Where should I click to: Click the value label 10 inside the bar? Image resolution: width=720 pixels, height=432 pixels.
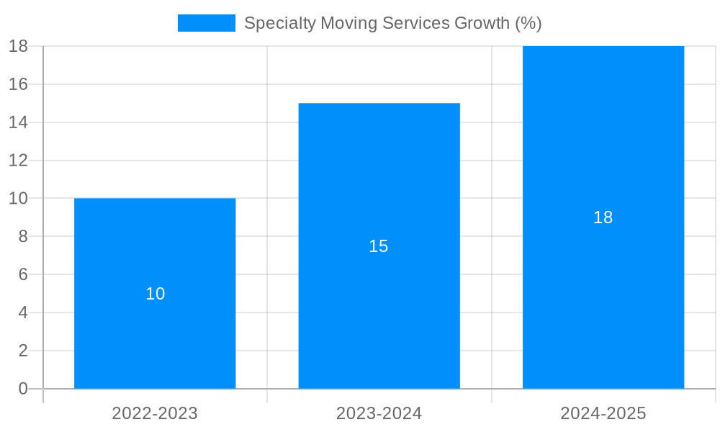156,294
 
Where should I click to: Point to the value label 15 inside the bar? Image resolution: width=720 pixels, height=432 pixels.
379,246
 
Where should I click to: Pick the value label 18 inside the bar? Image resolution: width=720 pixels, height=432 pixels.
603,217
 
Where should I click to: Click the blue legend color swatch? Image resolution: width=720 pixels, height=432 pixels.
207,23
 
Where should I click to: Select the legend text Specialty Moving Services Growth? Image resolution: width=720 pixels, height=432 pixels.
392,23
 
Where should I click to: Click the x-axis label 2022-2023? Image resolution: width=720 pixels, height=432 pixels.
155,413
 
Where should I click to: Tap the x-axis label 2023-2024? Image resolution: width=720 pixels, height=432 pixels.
379,413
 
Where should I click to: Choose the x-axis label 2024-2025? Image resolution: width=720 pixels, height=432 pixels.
603,413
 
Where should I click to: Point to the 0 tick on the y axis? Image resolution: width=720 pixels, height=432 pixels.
22,389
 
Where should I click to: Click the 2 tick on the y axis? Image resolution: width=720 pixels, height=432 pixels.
22,351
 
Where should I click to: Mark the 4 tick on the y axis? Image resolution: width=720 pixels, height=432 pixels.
22,312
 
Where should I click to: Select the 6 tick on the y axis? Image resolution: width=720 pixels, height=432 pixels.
22,274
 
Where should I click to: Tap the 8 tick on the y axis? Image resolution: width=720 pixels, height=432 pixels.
22,236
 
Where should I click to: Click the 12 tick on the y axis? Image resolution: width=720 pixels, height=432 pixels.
18,161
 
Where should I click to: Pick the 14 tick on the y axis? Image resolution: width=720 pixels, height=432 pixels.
18,122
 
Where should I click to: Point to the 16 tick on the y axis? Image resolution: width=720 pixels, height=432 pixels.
18,84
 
